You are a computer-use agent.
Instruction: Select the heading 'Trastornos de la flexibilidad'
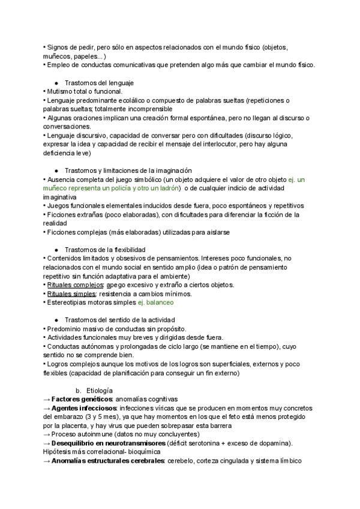[104, 249]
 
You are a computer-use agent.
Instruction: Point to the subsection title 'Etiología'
[100, 390]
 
